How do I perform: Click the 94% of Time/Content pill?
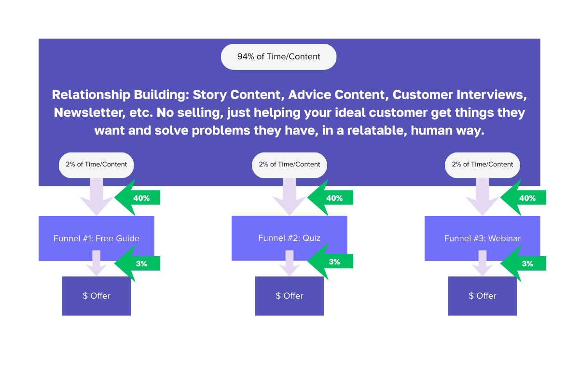click(278, 57)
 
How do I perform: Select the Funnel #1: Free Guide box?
click(96, 238)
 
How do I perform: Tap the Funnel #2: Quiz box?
click(289, 238)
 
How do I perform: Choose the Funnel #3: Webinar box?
click(482, 238)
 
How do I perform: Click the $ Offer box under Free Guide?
click(96, 296)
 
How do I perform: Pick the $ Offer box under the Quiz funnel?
click(289, 296)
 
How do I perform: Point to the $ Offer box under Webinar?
click(482, 296)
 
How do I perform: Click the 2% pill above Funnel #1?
click(96, 165)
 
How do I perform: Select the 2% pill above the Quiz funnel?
click(289, 165)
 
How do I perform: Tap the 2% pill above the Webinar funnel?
click(482, 165)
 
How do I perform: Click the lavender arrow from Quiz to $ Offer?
click(289, 263)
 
